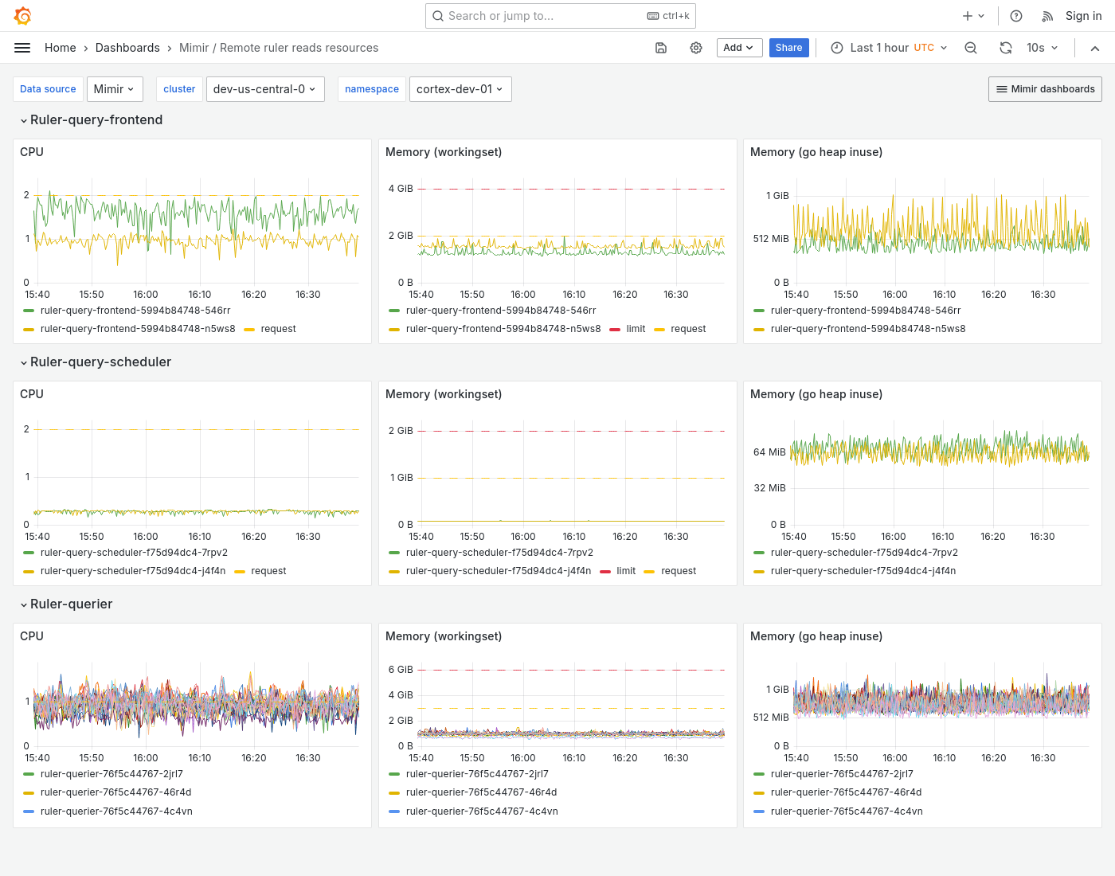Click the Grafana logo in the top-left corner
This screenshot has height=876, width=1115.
23,16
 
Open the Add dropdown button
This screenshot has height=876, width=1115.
739,48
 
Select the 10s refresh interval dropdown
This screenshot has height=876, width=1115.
1042,48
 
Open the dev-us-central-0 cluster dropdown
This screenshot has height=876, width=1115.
264,89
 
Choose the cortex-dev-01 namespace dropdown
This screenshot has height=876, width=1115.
460,89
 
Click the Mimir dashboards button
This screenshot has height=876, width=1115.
1045,89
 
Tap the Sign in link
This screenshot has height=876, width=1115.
1083,16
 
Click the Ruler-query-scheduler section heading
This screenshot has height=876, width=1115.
100,362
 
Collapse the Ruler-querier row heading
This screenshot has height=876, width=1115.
71,604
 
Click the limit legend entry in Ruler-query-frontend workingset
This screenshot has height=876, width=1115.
636,329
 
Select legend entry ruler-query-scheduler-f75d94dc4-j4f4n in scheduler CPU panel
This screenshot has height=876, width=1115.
132,571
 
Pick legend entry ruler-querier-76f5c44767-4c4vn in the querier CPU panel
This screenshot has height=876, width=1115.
116,811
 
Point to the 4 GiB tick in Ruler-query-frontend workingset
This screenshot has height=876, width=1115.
401,189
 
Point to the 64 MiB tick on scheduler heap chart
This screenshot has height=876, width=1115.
769,452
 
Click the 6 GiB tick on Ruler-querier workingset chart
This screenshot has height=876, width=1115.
401,670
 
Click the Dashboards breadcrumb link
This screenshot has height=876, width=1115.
127,48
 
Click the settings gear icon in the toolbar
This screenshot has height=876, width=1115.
696,48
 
